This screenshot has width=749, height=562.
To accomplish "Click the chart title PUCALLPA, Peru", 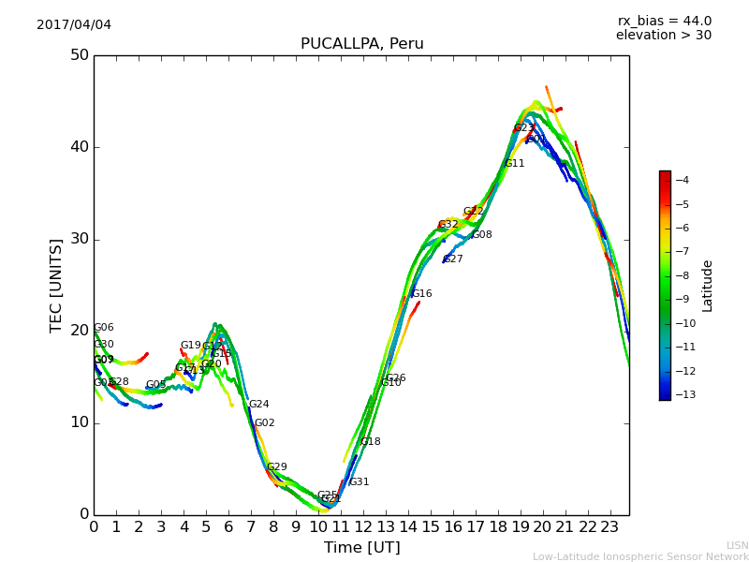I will pyautogui.click(x=361, y=44).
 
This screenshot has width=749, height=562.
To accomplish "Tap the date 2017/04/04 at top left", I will pyautogui.click(x=74, y=24).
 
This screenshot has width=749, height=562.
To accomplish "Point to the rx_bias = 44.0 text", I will pyautogui.click(x=664, y=21).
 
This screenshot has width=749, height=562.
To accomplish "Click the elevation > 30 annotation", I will pyautogui.click(x=663, y=36).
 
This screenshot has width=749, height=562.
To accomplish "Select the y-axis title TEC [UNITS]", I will pyautogui.click(x=56, y=285).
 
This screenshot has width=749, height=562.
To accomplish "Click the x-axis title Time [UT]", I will pyautogui.click(x=361, y=548).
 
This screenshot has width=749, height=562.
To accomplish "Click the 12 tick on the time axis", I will pyautogui.click(x=363, y=527).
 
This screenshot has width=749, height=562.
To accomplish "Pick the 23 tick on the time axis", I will pyautogui.click(x=610, y=527).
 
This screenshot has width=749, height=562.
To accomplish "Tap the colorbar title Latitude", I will pyautogui.click(x=708, y=286).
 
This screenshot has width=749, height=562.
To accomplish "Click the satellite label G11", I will pyautogui.click(x=514, y=164).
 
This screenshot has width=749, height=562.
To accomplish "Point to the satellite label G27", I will pyautogui.click(x=453, y=259).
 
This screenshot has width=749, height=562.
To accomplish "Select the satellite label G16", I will pyautogui.click(x=421, y=294).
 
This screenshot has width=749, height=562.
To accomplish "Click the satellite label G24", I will pyautogui.click(x=258, y=405).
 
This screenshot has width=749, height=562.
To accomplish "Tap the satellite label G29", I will pyautogui.click(x=277, y=467).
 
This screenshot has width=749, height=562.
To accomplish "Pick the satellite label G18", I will pyautogui.click(x=371, y=442).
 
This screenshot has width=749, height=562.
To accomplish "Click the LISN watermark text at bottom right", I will pyautogui.click(x=737, y=545).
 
